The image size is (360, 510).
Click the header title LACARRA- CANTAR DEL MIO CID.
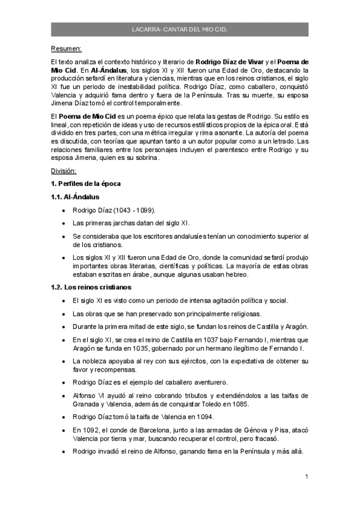coord(180,28)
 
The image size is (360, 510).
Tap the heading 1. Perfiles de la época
coord(87,183)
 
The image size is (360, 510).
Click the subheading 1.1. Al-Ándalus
coord(75,197)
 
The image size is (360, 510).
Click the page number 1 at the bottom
coord(307,477)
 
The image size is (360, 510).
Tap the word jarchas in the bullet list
coord(114,223)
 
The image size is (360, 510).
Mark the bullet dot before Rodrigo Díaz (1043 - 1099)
coord(64,210)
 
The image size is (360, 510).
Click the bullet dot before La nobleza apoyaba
coord(64,361)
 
